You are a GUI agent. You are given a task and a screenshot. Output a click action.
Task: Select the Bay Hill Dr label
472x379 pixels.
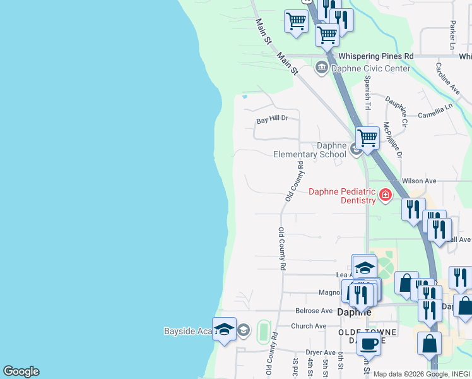(x=272, y=118)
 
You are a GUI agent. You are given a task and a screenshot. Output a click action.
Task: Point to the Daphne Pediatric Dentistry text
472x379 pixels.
(x=341, y=196)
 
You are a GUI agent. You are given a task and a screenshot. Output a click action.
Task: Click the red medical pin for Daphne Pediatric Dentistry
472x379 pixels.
(x=385, y=195)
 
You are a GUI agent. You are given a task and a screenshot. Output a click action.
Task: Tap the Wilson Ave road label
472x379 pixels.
(x=423, y=181)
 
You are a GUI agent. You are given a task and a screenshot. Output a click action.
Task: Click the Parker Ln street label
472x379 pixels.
(x=452, y=35)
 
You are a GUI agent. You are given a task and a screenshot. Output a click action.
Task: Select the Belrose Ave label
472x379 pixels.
(x=314, y=311)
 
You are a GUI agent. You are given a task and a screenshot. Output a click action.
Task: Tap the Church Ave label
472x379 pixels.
(x=309, y=326)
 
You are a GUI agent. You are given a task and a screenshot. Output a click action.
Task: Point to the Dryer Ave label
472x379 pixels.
(x=321, y=352)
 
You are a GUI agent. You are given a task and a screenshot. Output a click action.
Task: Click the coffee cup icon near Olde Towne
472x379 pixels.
(x=369, y=344)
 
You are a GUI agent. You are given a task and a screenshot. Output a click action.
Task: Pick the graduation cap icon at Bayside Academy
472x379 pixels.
(x=224, y=329)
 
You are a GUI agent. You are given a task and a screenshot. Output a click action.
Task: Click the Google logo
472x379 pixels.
(x=21, y=371)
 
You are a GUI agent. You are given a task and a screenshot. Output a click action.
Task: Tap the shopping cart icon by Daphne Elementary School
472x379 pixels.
(x=367, y=137)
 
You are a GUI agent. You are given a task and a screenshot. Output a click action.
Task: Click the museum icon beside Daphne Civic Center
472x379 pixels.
(x=322, y=68)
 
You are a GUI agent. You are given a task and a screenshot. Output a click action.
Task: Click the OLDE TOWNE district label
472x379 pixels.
(x=368, y=332)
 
